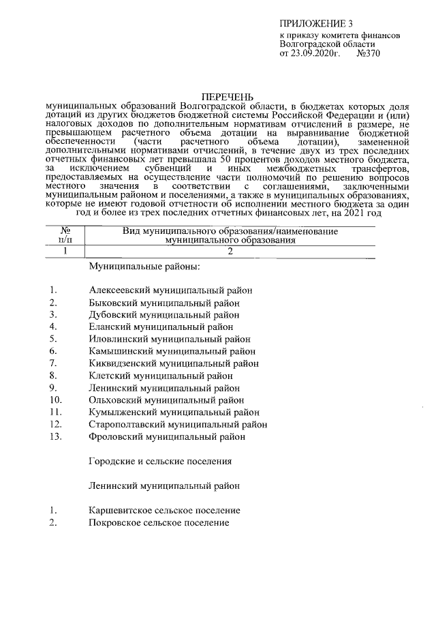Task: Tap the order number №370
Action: pyautogui.click(x=367, y=53)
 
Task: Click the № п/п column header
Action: pyautogui.click(x=65, y=236)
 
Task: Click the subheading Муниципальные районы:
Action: pyautogui.click(x=144, y=266)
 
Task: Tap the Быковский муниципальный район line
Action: pyautogui.click(x=164, y=302)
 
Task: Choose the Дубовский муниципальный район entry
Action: pyautogui.click(x=164, y=314)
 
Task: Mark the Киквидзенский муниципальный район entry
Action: pyautogui.click(x=174, y=363)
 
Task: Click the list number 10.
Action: pyautogui.click(x=57, y=400)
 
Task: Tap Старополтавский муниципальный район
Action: pyautogui.click(x=178, y=424)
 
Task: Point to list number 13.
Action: pyautogui.click(x=57, y=436)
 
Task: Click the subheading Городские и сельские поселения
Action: pyautogui.click(x=160, y=461)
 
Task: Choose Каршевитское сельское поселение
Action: pyautogui.click(x=164, y=510)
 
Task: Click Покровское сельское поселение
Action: pyautogui.click(x=159, y=522)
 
